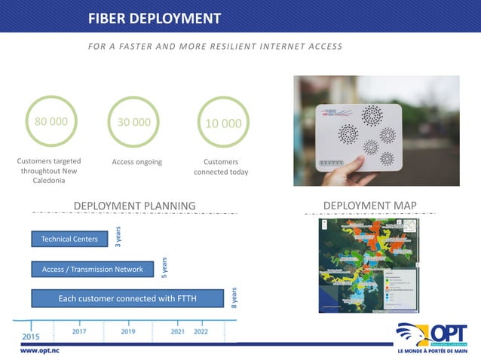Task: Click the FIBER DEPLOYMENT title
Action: tap(155, 18)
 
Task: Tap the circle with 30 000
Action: tap(134, 122)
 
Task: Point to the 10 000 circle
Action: tap(223, 123)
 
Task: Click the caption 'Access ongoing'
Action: tap(136, 162)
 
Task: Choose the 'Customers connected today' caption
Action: tap(221, 166)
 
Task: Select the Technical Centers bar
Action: tap(69, 239)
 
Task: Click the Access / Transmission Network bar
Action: tap(92, 269)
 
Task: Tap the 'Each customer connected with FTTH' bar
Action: tap(127, 298)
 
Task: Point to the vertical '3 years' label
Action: tap(118, 236)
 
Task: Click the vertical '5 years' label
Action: tap(164, 267)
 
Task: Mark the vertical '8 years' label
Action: tap(234, 297)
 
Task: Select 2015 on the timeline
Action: tap(31, 336)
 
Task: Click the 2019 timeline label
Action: tap(128, 331)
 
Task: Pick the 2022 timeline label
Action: tap(201, 331)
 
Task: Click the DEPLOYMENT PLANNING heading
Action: tap(134, 206)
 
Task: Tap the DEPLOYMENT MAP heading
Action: tap(369, 205)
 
